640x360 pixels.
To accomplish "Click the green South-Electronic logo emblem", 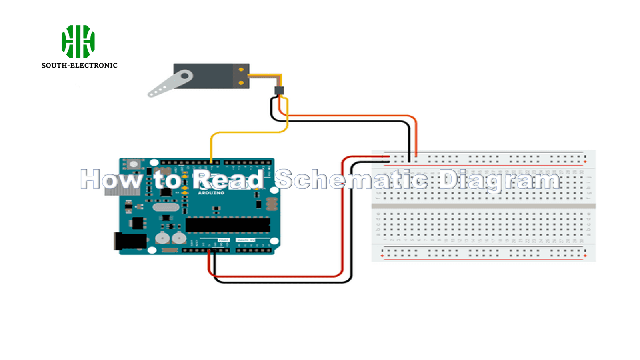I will click(78, 42).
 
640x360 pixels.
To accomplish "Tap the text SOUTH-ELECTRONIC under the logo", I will click(79, 66).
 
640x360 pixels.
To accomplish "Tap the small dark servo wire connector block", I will click(279, 91).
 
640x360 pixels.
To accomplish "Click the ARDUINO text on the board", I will click(211, 193).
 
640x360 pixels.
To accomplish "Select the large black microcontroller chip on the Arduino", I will click(228, 225).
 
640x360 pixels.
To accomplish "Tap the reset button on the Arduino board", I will click(134, 164).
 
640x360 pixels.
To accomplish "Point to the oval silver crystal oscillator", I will click(166, 207).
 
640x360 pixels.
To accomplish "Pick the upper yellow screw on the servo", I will click(241, 70).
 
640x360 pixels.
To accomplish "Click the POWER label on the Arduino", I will click(223, 240).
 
